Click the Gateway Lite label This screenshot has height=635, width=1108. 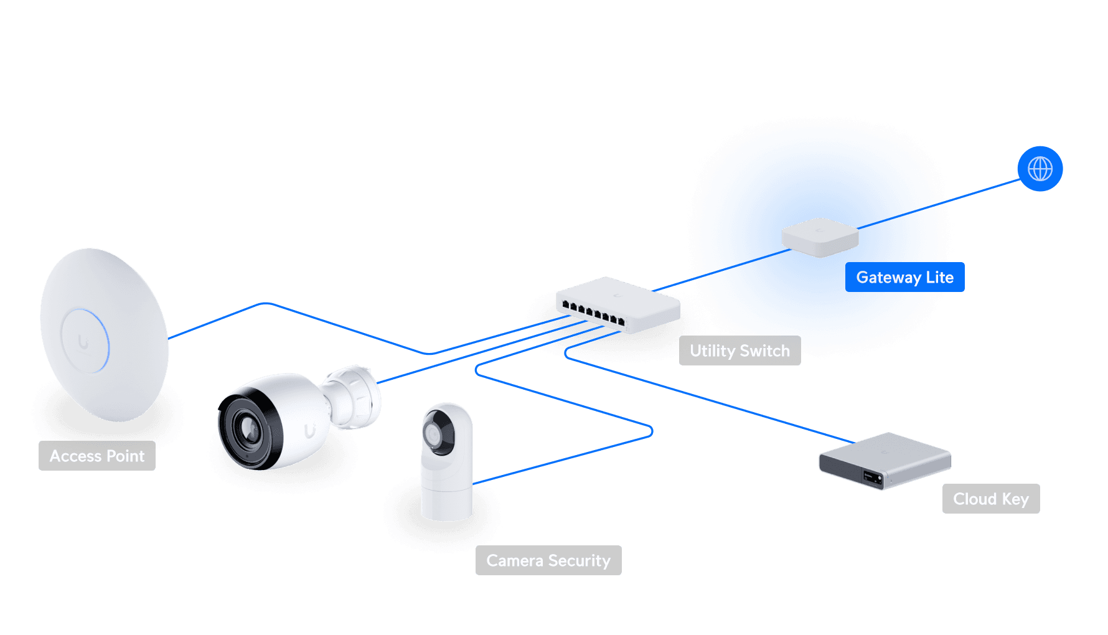904,278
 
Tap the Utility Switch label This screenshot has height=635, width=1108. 739,351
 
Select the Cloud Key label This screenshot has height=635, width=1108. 990,499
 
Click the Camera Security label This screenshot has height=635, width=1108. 548,561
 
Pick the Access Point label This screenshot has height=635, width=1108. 97,456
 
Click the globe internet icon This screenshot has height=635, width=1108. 1040,169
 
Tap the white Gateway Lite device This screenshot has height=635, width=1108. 820,237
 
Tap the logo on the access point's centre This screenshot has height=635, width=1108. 83,342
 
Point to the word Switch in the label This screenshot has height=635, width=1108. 764,351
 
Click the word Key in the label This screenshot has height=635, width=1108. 1015,499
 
